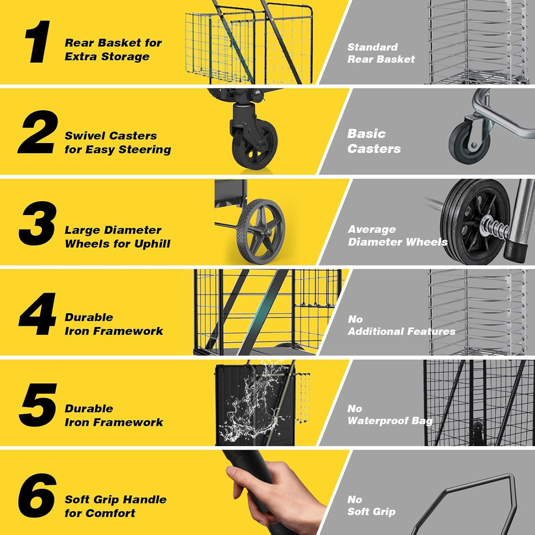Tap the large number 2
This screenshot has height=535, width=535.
click(x=37, y=132)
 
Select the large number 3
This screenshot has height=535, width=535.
click(x=37, y=223)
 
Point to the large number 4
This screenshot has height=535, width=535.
click(x=37, y=314)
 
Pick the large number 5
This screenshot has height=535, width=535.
click(x=38, y=404)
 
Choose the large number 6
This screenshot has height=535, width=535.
click(x=37, y=495)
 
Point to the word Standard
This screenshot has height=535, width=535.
click(x=372, y=47)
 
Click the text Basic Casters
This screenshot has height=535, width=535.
click(x=374, y=141)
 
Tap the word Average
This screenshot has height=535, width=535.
click(x=372, y=230)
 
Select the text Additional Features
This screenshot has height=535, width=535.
click(x=402, y=331)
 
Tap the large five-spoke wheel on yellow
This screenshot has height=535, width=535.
click(x=262, y=231)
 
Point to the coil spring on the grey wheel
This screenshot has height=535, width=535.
click(x=495, y=227)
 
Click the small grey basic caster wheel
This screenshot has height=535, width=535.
click(x=469, y=143)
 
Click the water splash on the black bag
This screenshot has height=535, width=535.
click(x=254, y=403)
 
